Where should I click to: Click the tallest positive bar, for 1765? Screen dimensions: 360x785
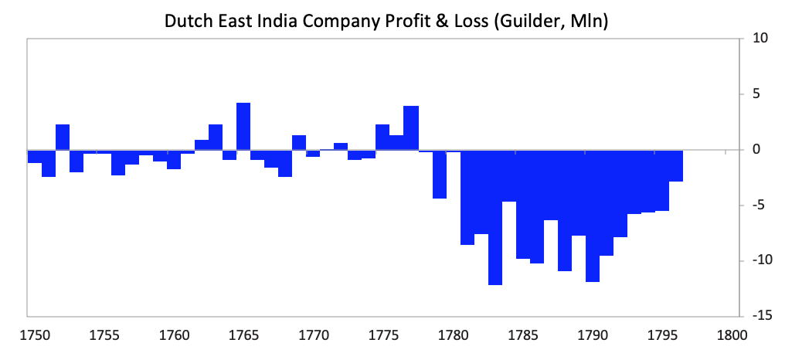point(243,127)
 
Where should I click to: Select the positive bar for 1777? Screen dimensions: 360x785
point(410,128)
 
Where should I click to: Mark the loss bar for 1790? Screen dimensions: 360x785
point(593,216)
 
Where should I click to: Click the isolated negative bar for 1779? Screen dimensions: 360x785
point(439,175)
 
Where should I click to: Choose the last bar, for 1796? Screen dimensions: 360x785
point(676,166)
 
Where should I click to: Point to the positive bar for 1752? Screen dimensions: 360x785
point(63,138)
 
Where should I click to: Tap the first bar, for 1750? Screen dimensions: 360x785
point(35,157)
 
